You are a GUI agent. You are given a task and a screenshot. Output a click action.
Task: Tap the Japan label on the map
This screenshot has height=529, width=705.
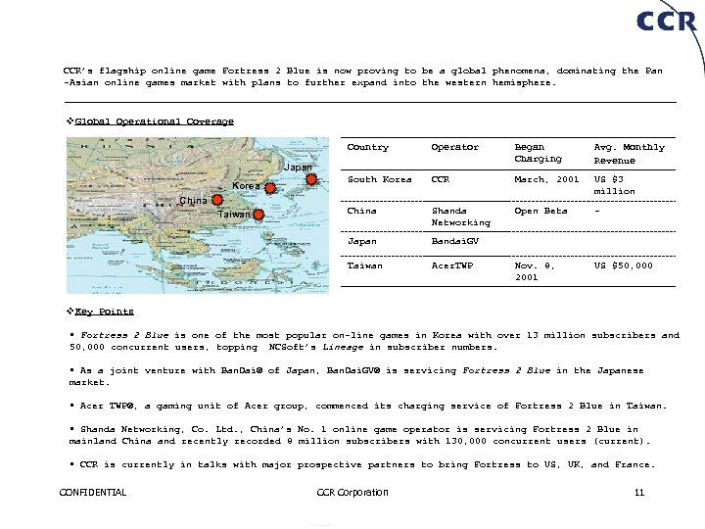(x=298, y=168)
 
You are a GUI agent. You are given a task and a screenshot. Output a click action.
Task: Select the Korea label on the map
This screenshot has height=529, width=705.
(x=246, y=186)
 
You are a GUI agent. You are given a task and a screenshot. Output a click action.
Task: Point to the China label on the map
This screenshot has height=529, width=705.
(x=193, y=201)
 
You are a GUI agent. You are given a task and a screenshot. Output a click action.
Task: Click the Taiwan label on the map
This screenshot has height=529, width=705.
(x=233, y=215)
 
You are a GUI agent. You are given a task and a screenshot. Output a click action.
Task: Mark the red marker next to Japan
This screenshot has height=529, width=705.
(x=310, y=179)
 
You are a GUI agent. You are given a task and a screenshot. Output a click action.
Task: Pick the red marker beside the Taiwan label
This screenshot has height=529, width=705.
(x=259, y=214)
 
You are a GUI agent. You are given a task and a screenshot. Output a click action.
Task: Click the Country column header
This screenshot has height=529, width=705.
(x=368, y=147)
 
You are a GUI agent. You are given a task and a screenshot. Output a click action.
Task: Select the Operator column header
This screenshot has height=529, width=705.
(x=455, y=147)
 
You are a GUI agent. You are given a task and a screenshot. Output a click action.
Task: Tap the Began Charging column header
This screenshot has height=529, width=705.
(x=539, y=153)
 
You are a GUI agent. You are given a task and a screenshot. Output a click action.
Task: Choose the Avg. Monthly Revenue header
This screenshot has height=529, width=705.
(x=629, y=153)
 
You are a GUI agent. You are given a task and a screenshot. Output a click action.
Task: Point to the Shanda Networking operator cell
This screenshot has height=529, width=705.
(x=461, y=216)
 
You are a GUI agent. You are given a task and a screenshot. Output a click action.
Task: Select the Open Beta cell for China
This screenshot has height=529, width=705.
(x=540, y=210)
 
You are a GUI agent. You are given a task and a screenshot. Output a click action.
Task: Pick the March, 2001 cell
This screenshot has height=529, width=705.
(x=546, y=178)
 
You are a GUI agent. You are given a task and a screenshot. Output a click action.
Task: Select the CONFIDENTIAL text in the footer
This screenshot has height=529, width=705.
(x=93, y=492)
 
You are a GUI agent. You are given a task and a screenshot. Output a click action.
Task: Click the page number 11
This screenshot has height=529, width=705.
(x=639, y=492)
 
